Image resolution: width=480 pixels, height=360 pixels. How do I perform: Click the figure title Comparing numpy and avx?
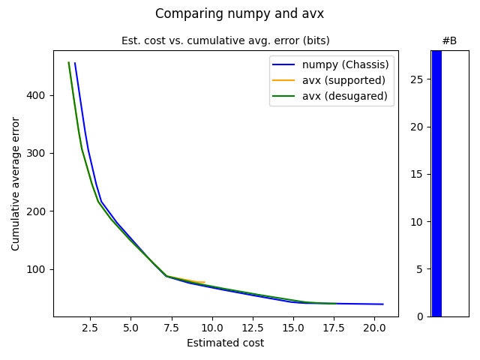[x=240, y=13]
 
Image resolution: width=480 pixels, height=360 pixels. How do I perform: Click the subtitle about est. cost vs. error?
[x=225, y=40]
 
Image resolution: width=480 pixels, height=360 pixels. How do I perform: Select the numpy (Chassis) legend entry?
[x=345, y=64]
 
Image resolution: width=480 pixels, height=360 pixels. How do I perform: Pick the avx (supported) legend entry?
[x=343, y=80]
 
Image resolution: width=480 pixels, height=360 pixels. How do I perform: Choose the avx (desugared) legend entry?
[x=344, y=96]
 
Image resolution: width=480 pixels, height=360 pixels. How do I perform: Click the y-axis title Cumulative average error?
[x=16, y=183]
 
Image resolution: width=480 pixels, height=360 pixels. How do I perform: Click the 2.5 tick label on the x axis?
[x=90, y=328]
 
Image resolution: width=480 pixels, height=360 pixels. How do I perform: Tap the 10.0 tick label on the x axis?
[x=212, y=328]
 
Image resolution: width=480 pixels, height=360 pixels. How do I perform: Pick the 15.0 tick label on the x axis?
[x=293, y=328]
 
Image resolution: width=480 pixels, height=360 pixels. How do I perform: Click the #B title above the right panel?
[x=449, y=40]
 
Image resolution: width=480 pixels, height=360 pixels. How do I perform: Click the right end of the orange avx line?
[x=205, y=283]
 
